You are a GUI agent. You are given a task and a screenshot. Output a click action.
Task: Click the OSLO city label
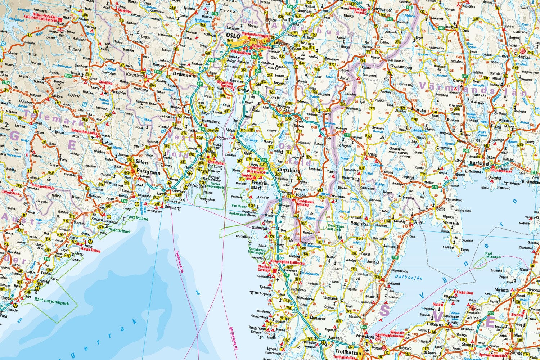point(233,36)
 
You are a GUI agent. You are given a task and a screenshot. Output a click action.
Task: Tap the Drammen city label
point(184,76)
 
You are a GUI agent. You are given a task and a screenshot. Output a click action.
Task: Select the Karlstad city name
point(479,163)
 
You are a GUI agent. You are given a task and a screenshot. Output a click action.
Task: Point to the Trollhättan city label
point(347,353)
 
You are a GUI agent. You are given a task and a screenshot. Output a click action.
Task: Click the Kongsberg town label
point(135,76)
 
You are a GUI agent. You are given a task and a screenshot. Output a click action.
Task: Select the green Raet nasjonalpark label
point(51,298)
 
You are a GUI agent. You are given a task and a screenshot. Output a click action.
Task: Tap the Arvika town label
point(420,111)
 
